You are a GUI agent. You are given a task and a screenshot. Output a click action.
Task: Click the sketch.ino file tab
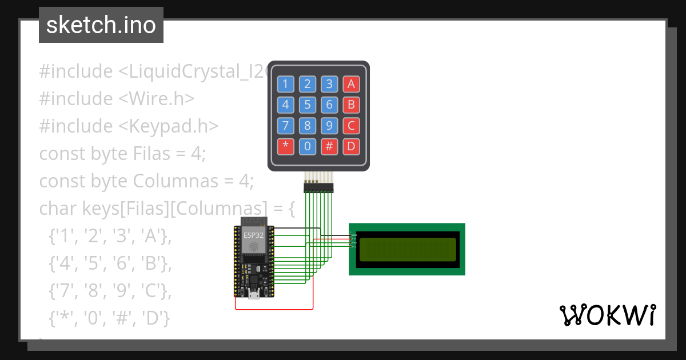(101, 25)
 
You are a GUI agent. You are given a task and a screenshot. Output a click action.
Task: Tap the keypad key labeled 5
(307, 105)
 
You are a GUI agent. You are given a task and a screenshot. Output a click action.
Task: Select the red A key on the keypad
(351, 85)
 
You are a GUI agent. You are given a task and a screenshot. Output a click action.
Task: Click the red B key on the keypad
(351, 105)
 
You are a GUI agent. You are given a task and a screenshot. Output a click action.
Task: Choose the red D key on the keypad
(351, 146)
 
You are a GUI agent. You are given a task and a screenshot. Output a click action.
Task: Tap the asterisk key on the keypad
(285, 146)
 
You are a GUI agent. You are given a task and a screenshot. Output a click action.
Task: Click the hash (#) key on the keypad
(329, 146)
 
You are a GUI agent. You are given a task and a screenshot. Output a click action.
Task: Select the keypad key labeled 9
(329, 126)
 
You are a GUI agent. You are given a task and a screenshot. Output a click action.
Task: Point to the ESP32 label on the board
(253, 235)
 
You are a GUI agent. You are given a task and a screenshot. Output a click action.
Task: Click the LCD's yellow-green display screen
(407, 249)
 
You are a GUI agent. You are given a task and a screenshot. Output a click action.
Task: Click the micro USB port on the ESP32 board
(253, 295)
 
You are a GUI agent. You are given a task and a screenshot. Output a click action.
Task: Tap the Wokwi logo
(607, 315)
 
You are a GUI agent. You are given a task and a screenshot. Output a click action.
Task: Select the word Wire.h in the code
(157, 99)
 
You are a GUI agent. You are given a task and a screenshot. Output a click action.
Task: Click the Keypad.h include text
(168, 126)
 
